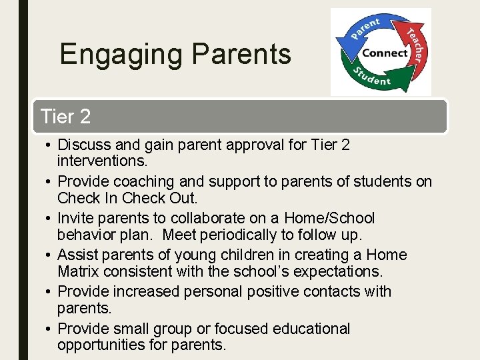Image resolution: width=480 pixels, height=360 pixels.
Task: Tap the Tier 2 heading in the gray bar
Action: coord(65,117)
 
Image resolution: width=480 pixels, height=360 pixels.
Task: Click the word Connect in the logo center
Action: coord(385,53)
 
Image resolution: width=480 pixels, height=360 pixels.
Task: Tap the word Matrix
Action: coord(78,271)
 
